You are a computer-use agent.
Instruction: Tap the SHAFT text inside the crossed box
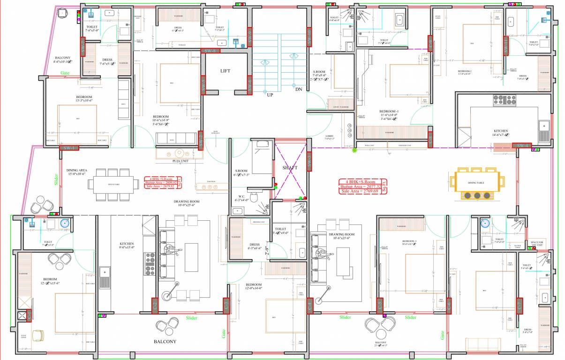[290, 167]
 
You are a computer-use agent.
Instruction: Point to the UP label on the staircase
[270, 94]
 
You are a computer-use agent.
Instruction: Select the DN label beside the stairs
[298, 89]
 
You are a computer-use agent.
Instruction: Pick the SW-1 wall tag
[68, 148]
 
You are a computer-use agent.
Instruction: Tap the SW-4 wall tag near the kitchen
[523, 146]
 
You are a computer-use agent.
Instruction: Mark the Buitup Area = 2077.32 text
[359, 186]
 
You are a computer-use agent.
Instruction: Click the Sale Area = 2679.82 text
[159, 186]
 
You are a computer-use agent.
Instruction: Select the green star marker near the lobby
[354, 150]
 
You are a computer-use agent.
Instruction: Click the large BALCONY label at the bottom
[165, 342]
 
